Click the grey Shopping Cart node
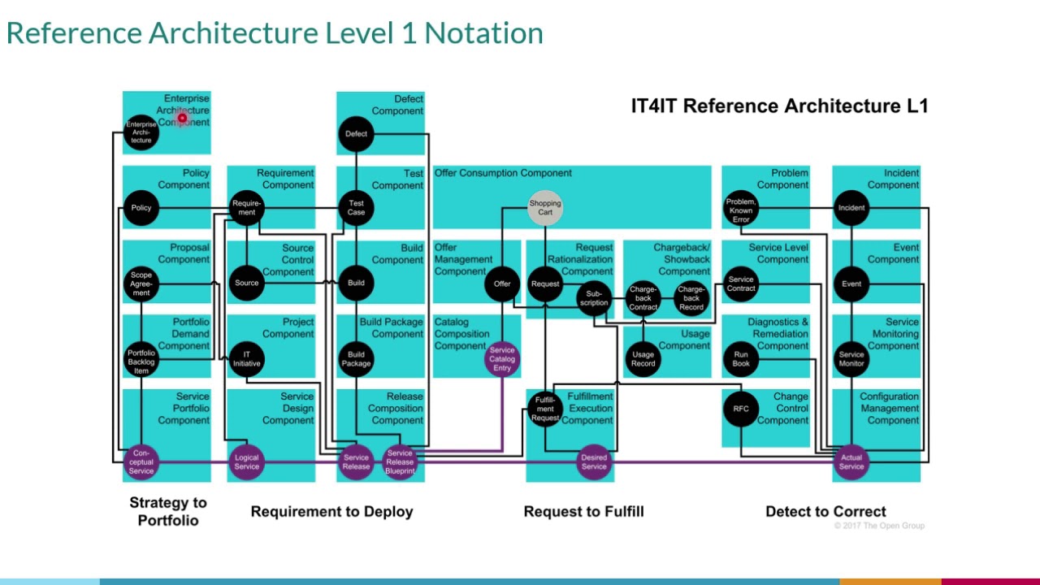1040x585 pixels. [544, 208]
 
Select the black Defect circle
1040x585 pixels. [356, 134]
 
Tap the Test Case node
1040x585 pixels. [356, 208]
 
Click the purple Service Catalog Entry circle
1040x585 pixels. [502, 359]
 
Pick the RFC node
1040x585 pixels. [741, 409]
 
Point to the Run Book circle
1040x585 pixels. [741, 359]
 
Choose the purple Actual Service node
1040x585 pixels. [851, 461]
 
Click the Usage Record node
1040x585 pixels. [643, 359]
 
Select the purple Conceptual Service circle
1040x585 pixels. [141, 461]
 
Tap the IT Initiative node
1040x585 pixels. [246, 359]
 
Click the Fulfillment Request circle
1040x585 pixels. [545, 409]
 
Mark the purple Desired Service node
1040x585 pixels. [594, 461]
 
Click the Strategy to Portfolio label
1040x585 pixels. [168, 511]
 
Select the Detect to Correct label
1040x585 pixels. [825, 511]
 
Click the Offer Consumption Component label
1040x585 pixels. [503, 173]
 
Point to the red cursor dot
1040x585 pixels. [182, 119]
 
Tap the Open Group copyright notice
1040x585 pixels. [879, 526]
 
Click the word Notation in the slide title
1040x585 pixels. [483, 33]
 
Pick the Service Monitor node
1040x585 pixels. [851, 359]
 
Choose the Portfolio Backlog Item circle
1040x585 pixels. [141, 359]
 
